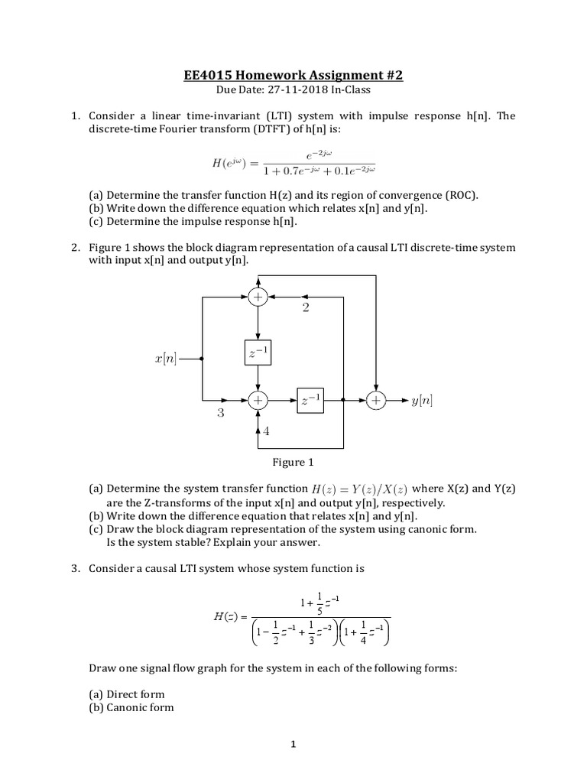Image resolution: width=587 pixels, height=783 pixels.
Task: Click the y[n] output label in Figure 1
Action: click(422, 400)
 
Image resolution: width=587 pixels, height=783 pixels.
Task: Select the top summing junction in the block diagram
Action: click(258, 297)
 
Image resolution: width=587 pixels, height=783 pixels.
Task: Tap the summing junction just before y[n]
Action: click(375, 400)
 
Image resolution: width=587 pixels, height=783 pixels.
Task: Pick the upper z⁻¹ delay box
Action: click(258, 353)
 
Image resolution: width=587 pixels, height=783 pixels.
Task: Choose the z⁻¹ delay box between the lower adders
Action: click(311, 400)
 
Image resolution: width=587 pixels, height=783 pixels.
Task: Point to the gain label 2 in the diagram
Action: click(306, 307)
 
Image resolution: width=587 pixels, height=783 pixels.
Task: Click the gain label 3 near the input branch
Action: click(220, 414)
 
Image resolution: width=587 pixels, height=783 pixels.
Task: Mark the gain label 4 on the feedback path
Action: click(266, 431)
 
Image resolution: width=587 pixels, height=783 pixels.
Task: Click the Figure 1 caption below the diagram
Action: click(293, 462)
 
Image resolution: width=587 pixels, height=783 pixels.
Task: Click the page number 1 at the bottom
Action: click(293, 746)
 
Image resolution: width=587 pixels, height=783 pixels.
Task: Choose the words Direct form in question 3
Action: click(135, 694)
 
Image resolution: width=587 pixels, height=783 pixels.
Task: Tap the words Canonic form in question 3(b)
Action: click(140, 707)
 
